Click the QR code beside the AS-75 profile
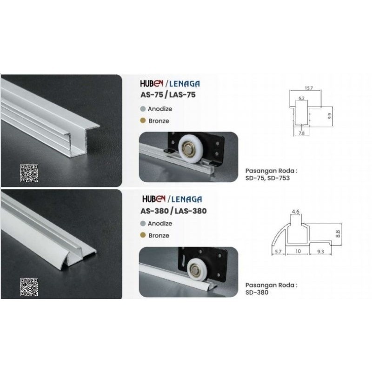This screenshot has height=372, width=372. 29,173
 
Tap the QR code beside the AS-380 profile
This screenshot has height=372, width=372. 29,287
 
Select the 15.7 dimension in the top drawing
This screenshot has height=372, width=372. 309,88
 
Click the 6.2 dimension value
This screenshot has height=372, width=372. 301,98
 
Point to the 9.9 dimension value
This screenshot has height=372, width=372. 329,116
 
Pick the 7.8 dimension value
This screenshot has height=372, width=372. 301,133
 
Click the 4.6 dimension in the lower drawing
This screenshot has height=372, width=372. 296,212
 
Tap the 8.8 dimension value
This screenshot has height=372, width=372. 338,234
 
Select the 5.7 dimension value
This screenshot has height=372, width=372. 278,252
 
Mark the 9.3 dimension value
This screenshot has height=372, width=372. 320,252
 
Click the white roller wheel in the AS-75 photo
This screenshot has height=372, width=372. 190,149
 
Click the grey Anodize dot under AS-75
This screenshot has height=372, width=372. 143,109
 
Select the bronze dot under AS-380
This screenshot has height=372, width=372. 143,235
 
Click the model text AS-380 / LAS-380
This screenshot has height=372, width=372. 173,211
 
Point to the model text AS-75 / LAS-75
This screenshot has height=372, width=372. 168,95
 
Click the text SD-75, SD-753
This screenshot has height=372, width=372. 268,178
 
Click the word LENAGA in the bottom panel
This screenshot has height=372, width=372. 186,199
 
